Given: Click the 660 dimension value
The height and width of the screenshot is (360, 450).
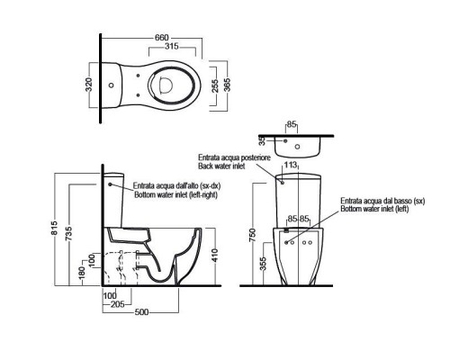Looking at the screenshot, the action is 162,38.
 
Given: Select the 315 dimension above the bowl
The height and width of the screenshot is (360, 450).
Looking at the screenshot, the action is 172,47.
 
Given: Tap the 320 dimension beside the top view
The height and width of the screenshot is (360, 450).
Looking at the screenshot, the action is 88,85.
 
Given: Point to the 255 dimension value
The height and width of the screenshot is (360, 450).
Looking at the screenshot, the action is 215,86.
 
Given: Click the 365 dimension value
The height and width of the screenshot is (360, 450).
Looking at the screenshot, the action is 227,85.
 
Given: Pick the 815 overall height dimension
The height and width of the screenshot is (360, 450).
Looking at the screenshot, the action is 54,228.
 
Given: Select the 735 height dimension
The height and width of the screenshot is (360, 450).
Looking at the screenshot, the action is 69,233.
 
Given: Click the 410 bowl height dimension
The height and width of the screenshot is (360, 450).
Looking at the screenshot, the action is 215,255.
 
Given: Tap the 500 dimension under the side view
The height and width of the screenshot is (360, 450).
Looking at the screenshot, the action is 141,312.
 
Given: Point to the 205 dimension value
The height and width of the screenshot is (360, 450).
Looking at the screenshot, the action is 118,304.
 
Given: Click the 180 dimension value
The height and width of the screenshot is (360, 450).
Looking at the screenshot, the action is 83,272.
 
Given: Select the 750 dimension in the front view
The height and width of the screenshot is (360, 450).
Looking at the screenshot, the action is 253,235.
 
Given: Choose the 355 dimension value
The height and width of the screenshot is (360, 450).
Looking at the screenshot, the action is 263,264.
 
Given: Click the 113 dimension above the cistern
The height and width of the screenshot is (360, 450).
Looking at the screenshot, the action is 290,165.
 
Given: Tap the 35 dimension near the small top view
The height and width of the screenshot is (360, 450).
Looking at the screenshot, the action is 263,141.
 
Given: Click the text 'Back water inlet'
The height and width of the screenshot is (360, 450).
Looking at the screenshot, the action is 221,166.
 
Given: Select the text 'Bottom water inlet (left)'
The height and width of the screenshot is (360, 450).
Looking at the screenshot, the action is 374,209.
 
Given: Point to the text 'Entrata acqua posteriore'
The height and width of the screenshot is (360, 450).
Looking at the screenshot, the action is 234,157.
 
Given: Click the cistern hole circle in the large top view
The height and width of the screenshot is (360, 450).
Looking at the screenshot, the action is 112,85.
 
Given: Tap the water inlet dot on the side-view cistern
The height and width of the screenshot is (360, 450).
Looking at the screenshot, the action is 110,184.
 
